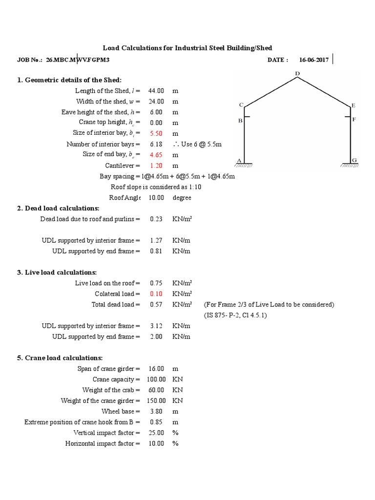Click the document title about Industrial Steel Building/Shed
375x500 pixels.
pyautogui.click(x=187, y=48)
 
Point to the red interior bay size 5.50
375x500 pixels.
pyautogui.click(x=156, y=133)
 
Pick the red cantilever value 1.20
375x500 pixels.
pyautogui.click(x=156, y=166)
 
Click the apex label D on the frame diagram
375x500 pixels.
pyautogui.click(x=297, y=74)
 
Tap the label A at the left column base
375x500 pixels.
pyautogui.click(x=239, y=161)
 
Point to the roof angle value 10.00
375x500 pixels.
pyautogui.click(x=156, y=198)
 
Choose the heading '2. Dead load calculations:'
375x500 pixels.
pyautogui.click(x=58, y=208)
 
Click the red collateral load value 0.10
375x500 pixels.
pyautogui.click(x=156, y=293)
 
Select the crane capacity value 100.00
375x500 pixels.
pyautogui.click(x=156, y=379)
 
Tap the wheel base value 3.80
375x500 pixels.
pyautogui.click(x=156, y=411)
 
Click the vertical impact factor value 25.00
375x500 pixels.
pyautogui.click(x=156, y=433)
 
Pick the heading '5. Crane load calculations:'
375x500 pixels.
pyautogui.click(x=60, y=358)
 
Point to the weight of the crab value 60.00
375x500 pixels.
pyautogui.click(x=156, y=390)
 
